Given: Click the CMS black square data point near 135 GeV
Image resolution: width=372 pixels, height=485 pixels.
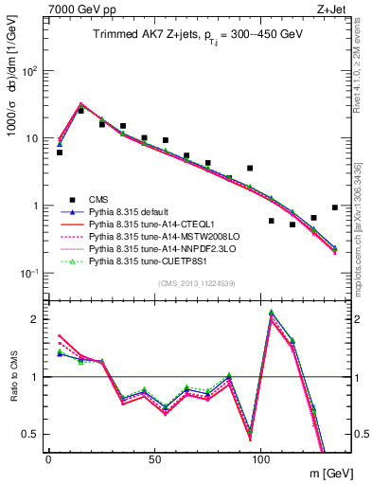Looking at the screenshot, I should [335, 207].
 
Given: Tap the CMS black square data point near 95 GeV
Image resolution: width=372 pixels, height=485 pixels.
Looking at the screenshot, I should [250, 168].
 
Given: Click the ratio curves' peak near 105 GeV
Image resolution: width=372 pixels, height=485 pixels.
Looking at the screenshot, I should [272, 312].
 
